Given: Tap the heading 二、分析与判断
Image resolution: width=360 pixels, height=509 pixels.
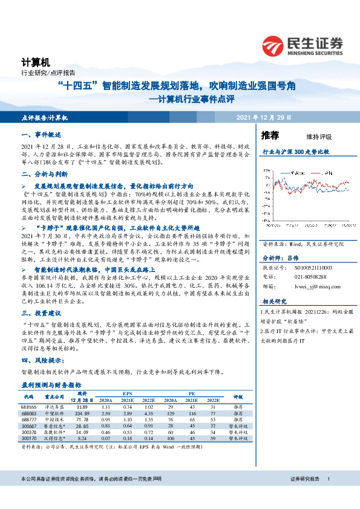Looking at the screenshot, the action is pyautogui.click(x=43, y=173).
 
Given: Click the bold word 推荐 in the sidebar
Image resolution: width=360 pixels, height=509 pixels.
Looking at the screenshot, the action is pyautogui.click(x=270, y=135).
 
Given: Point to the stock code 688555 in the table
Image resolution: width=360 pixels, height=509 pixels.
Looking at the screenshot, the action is pyautogui.click(x=29, y=408).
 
